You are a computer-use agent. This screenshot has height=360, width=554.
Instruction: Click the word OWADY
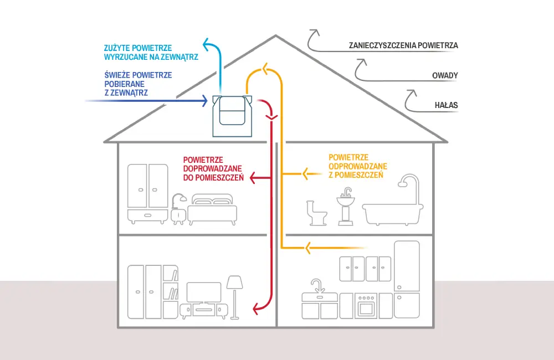445,75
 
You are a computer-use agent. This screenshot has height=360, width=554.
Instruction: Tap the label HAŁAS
446,105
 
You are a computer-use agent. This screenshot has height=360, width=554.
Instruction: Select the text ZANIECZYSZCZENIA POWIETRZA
403,45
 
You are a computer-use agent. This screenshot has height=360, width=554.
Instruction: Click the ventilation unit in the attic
232,115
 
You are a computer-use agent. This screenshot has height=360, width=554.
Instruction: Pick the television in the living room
203,292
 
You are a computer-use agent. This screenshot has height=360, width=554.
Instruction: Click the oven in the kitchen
366,306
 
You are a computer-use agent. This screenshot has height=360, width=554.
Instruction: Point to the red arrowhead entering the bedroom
252,178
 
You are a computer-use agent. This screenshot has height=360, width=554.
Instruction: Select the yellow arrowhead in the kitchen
306,247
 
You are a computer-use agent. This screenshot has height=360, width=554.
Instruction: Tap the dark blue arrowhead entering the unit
204,101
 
